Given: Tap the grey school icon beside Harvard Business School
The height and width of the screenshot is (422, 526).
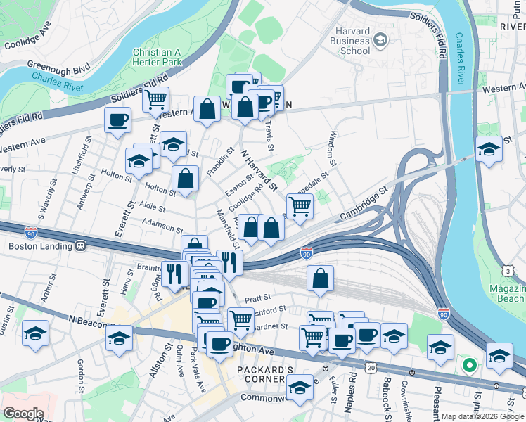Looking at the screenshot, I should click(x=380, y=39).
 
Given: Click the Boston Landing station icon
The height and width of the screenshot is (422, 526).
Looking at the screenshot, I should click(x=82, y=246).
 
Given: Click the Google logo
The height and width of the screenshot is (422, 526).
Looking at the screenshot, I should click(x=23, y=414).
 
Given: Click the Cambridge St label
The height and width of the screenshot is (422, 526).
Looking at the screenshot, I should click(x=364, y=203).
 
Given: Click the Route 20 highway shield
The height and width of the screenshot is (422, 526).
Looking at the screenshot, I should click(x=371, y=367).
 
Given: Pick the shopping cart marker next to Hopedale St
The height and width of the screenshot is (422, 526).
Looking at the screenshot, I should click(x=300, y=207).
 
